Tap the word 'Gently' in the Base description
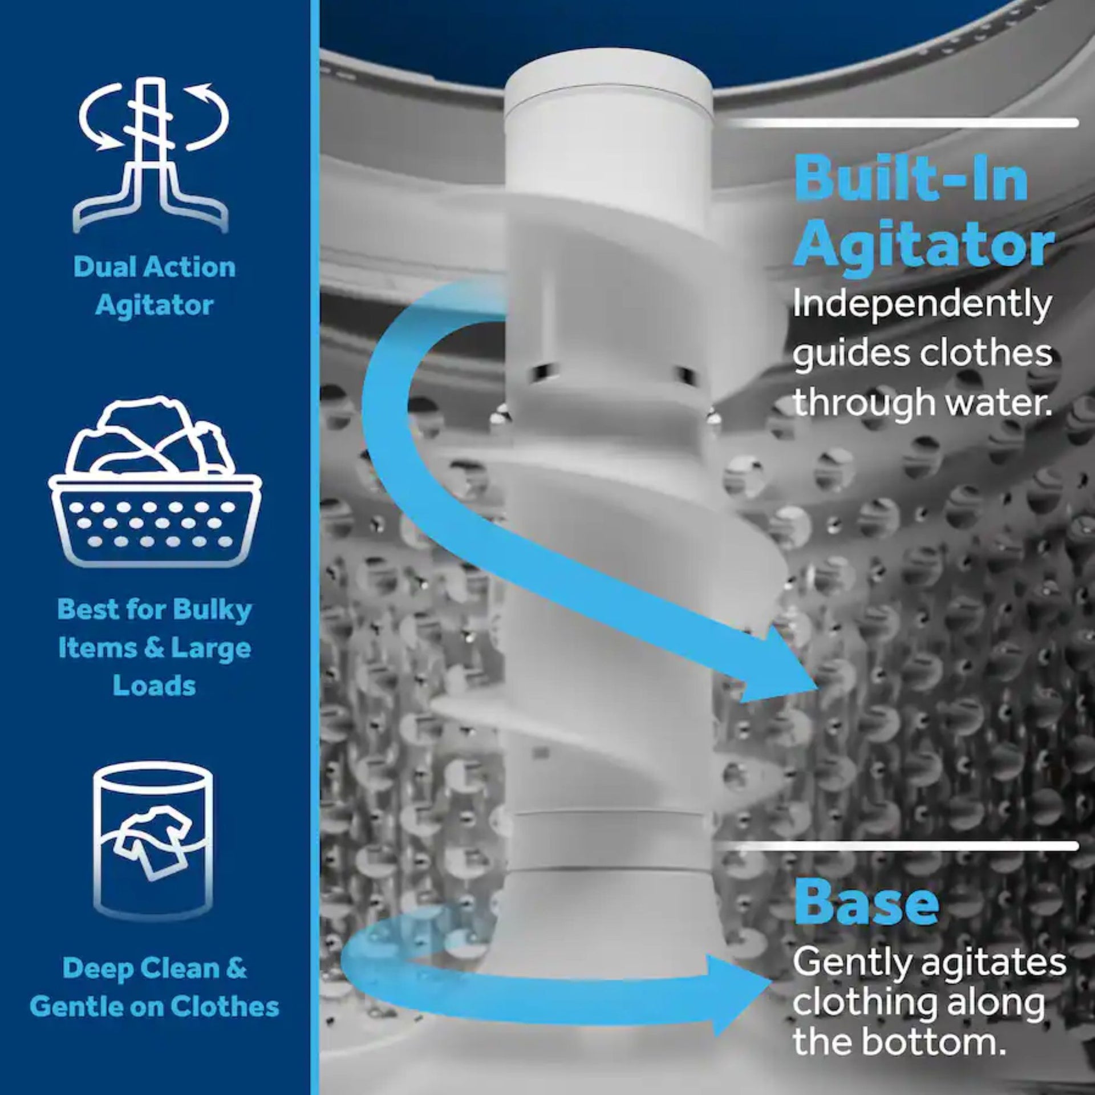point(853,965)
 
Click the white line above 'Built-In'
point(903,123)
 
